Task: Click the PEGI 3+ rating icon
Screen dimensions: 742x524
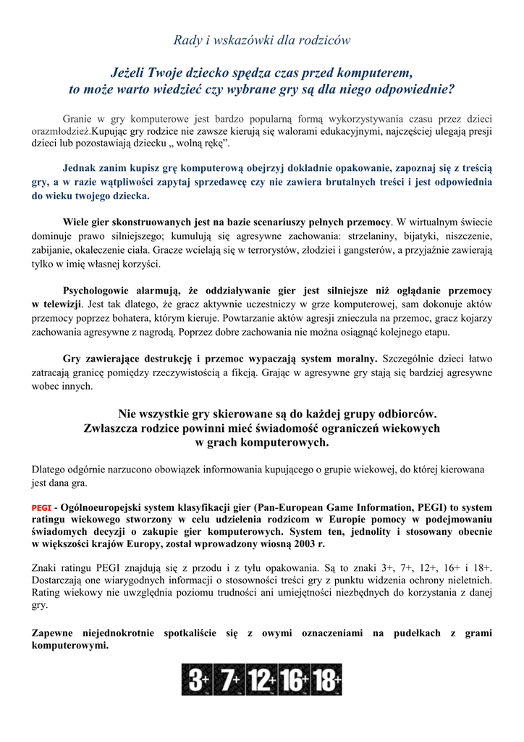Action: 198,680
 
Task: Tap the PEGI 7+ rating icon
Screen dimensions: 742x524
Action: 229,680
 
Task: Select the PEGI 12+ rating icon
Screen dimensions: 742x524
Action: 261,680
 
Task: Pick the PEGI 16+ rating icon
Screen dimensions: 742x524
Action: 295,680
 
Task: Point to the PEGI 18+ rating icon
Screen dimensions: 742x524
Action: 327,680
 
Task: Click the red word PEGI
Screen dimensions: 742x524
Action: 41,508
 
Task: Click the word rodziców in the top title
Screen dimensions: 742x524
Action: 324,41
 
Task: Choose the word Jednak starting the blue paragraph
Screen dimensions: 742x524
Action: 82,166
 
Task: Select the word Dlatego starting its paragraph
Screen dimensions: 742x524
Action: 51,470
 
